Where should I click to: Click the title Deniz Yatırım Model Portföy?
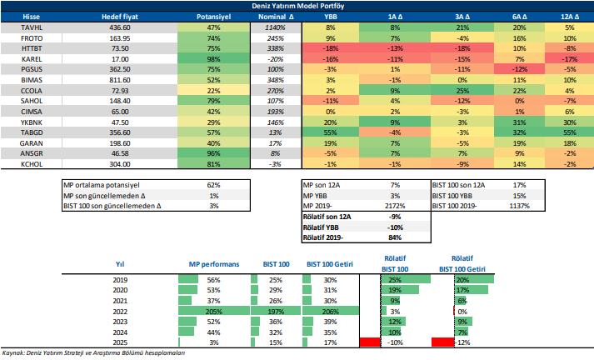point(297,6)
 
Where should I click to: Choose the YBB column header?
point(331,16)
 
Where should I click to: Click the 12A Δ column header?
point(569,16)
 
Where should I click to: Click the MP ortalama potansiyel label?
point(100,185)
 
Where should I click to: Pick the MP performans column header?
point(215,264)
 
